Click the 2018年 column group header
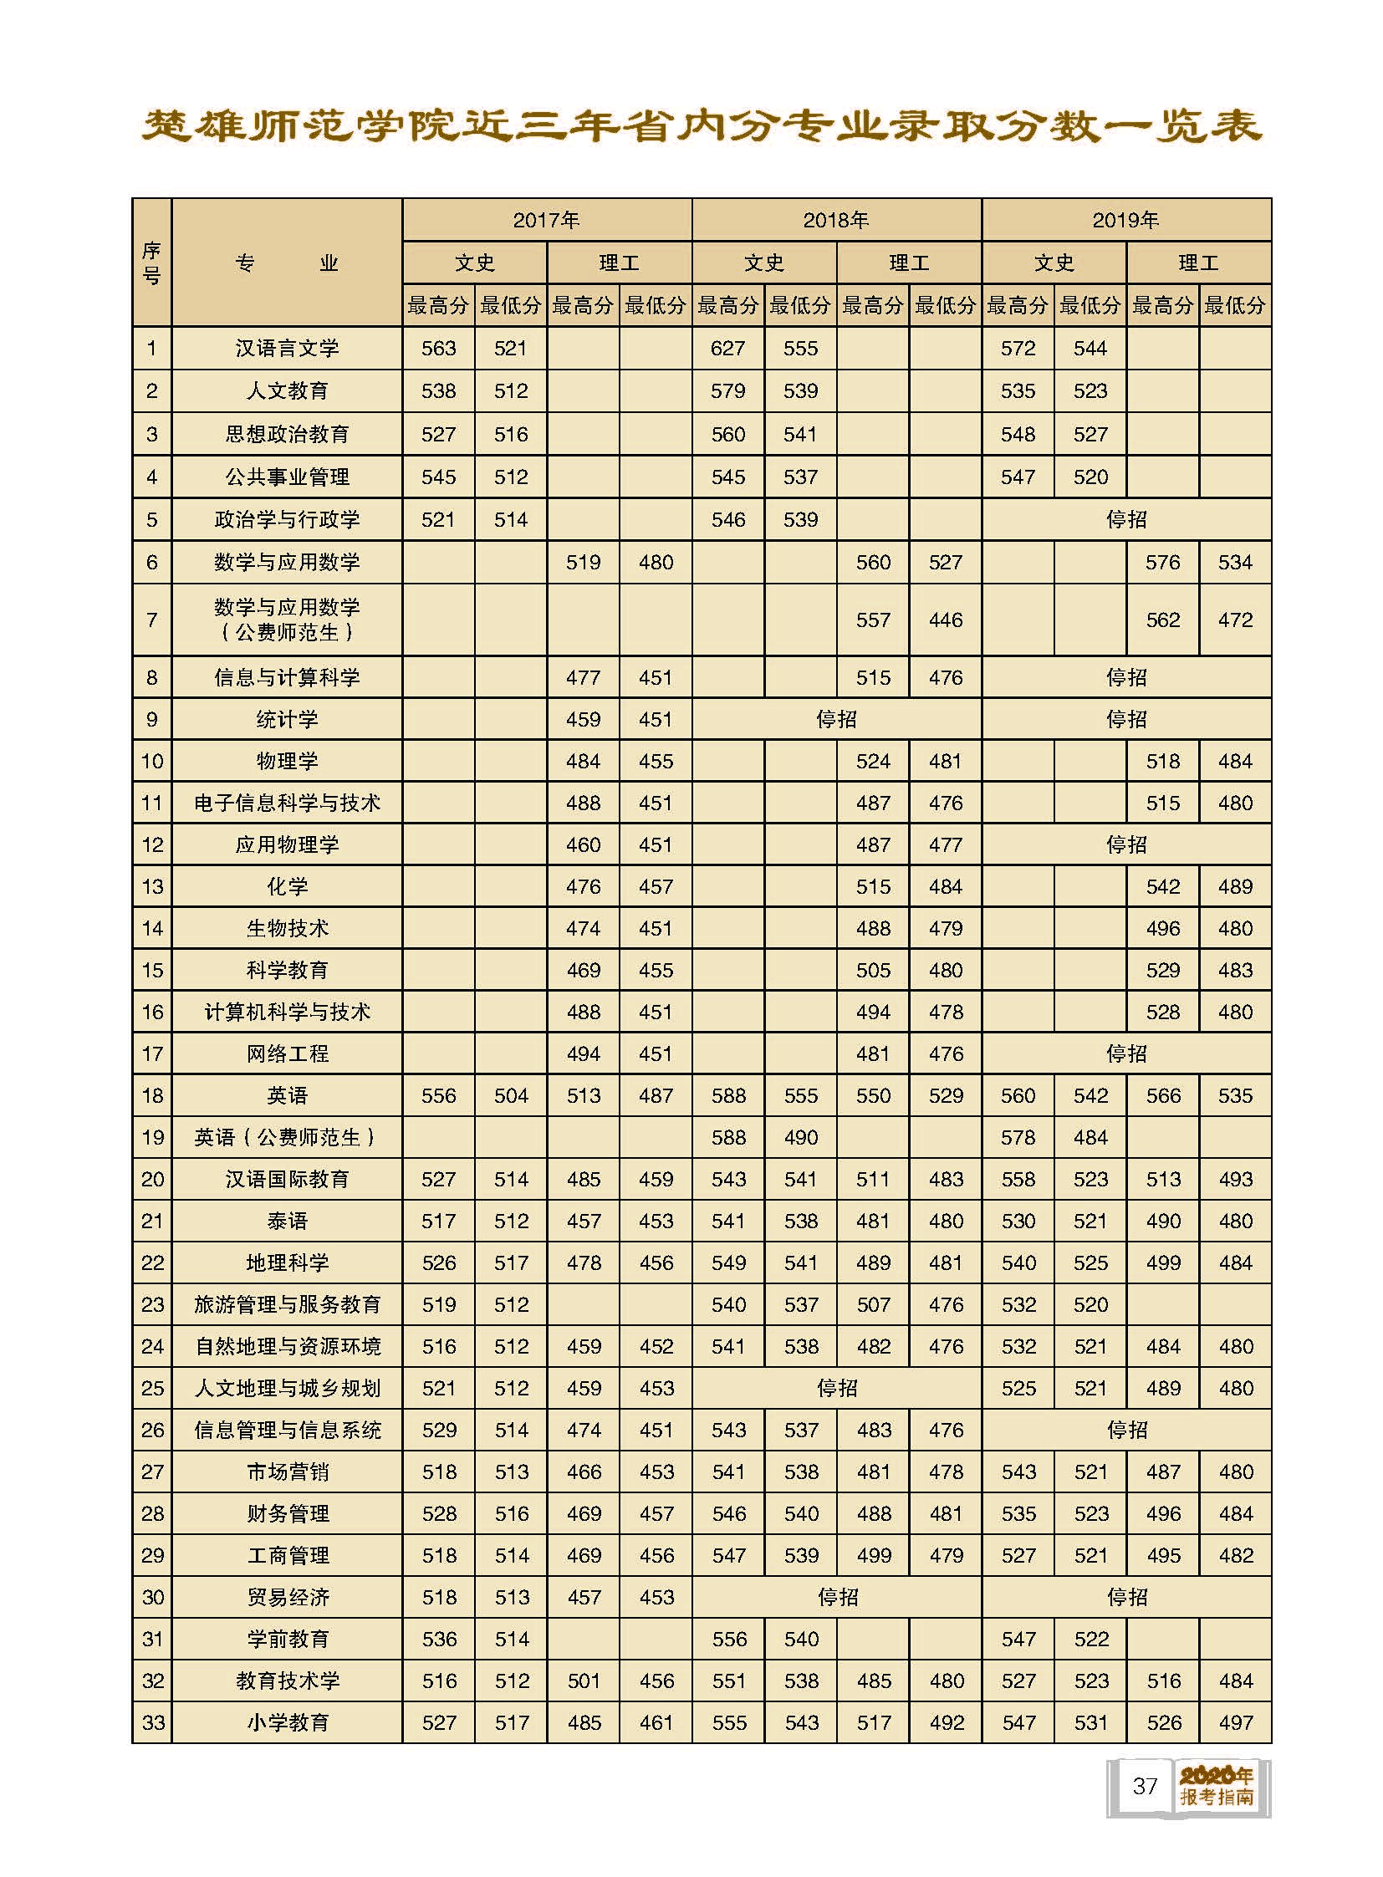[835, 220]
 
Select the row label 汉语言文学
[287, 349]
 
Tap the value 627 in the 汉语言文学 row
[727, 349]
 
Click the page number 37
[1145, 1786]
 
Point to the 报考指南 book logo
[1217, 1786]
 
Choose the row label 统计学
[287, 719]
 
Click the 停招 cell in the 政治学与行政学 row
[1126, 520]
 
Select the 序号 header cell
[151, 263]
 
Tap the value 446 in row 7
[945, 620]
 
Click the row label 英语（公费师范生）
[287, 1138]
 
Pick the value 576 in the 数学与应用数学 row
[1163, 563]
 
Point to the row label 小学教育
[287, 1723]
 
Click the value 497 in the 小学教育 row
[1236, 1723]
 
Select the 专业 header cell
[287, 263]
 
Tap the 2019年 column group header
[1126, 220]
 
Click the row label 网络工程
[287, 1054]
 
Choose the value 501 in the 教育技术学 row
[584, 1681]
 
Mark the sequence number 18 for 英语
[152, 1096]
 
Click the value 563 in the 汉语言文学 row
[439, 349]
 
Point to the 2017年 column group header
[547, 220]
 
